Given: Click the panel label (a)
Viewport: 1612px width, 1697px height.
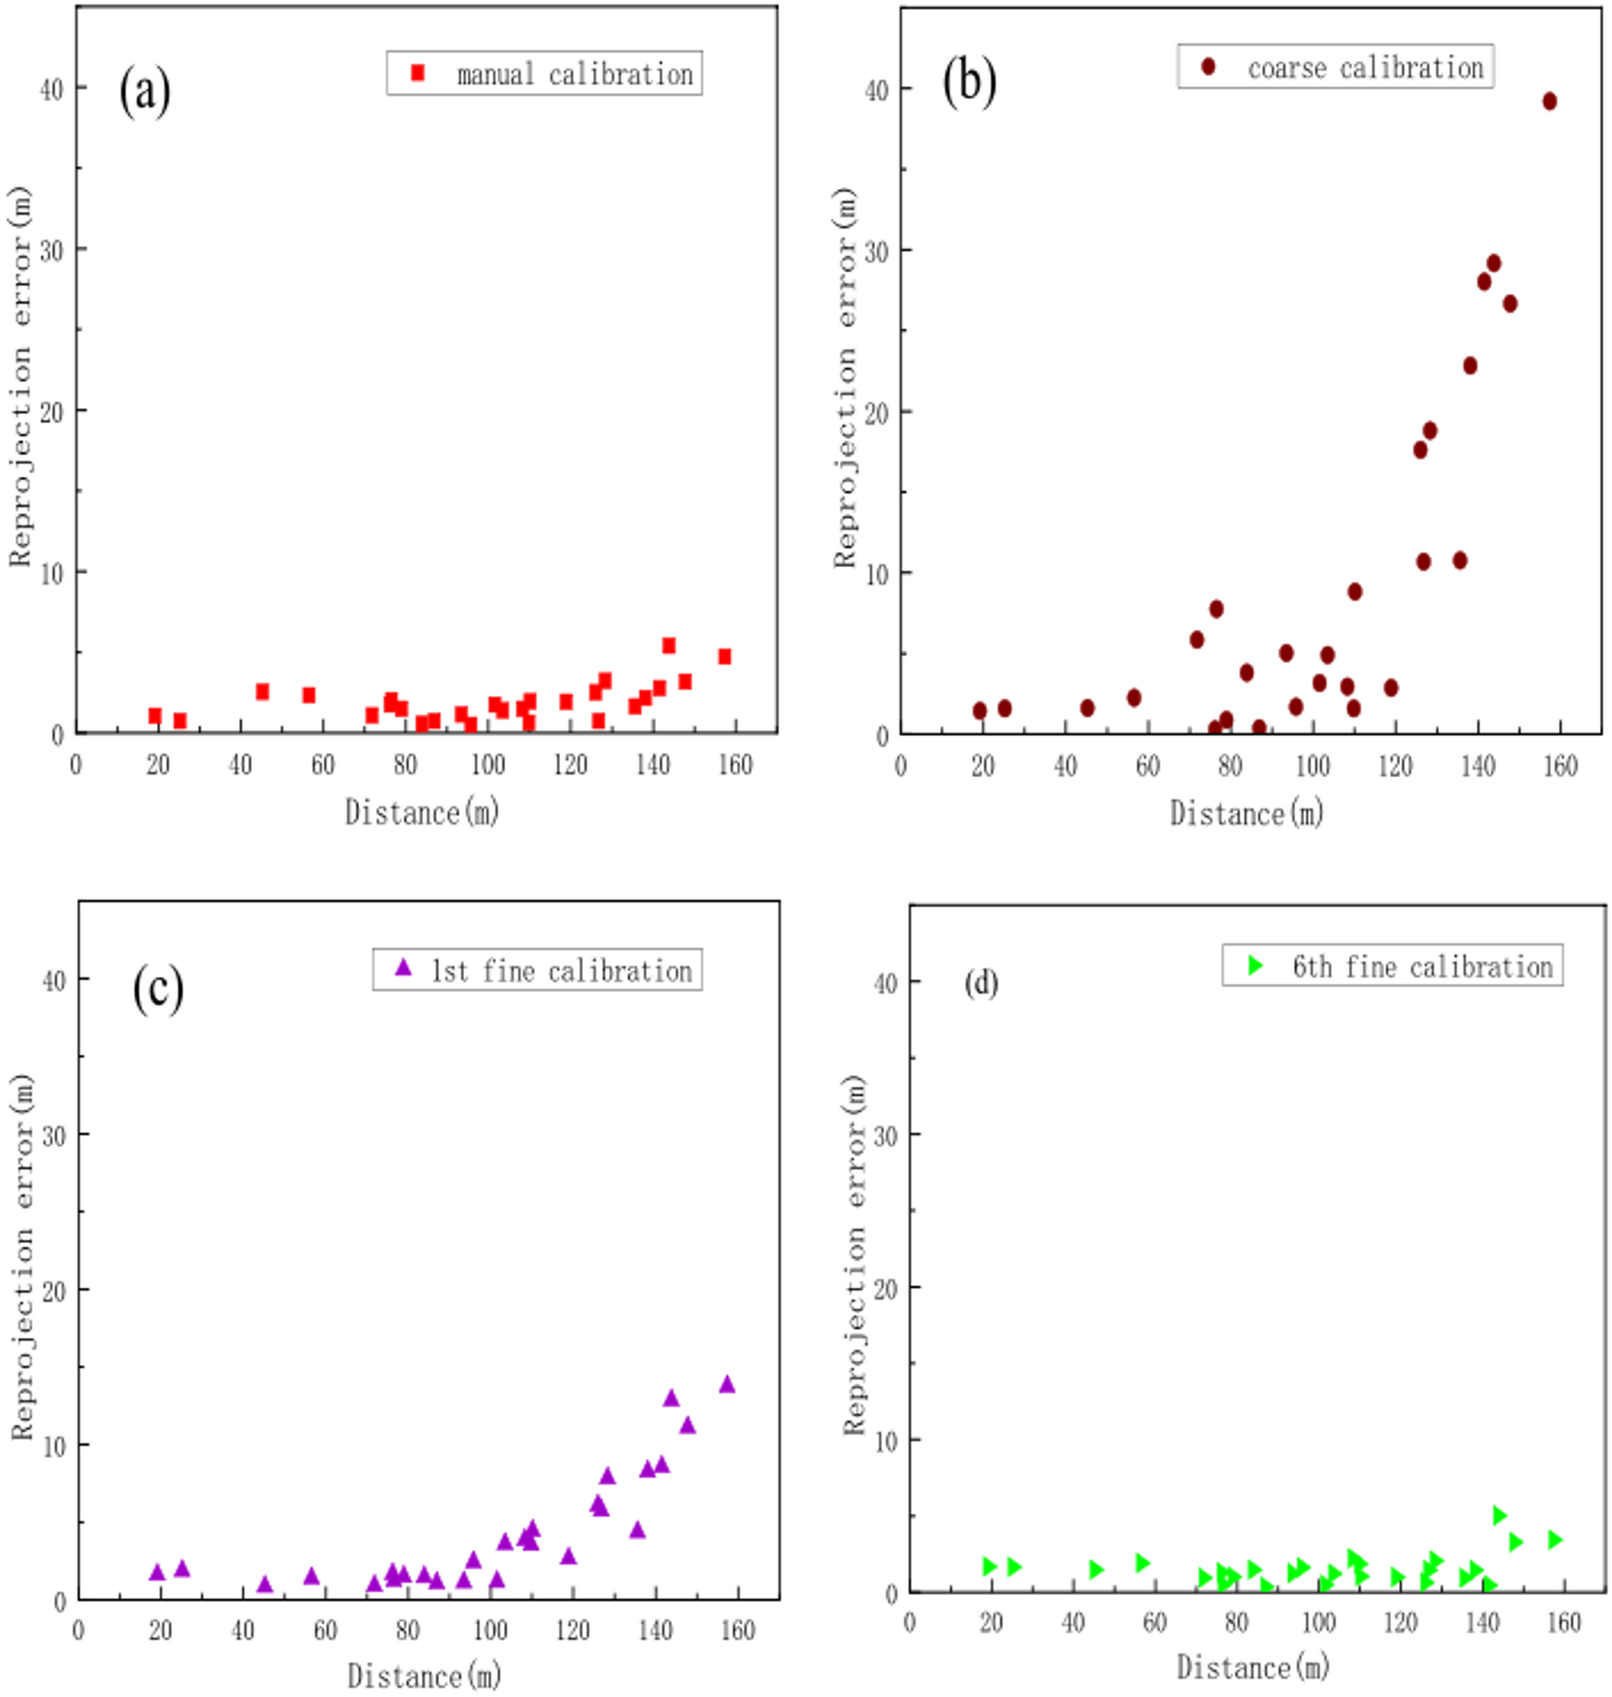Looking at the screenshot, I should click(x=144, y=90).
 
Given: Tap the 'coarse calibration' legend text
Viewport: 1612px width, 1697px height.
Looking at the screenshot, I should click(x=1364, y=68).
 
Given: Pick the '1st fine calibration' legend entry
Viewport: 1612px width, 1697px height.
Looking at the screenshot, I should click(x=561, y=970).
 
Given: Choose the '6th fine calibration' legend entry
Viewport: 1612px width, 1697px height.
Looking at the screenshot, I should click(x=1421, y=966).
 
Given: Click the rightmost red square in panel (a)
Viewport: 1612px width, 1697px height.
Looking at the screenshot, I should click(x=723, y=657).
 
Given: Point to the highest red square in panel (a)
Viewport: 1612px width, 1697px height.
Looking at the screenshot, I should click(x=668, y=646).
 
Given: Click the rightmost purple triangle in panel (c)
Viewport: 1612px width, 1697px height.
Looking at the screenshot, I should click(x=726, y=1384).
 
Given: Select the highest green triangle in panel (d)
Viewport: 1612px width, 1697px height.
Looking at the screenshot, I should click(x=1498, y=1515).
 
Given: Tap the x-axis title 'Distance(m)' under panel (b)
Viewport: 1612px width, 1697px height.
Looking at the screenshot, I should click(x=1246, y=813).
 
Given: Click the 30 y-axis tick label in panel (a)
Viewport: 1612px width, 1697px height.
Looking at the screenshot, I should click(x=52, y=249).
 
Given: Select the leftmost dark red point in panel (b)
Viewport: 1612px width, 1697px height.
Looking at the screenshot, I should click(x=979, y=711).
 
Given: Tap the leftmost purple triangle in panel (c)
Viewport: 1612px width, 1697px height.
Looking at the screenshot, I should click(x=157, y=1572).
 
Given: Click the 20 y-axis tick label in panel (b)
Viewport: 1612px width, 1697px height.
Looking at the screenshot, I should click(x=876, y=412).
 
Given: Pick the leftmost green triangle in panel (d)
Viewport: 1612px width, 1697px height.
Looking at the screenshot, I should click(x=988, y=1566).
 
